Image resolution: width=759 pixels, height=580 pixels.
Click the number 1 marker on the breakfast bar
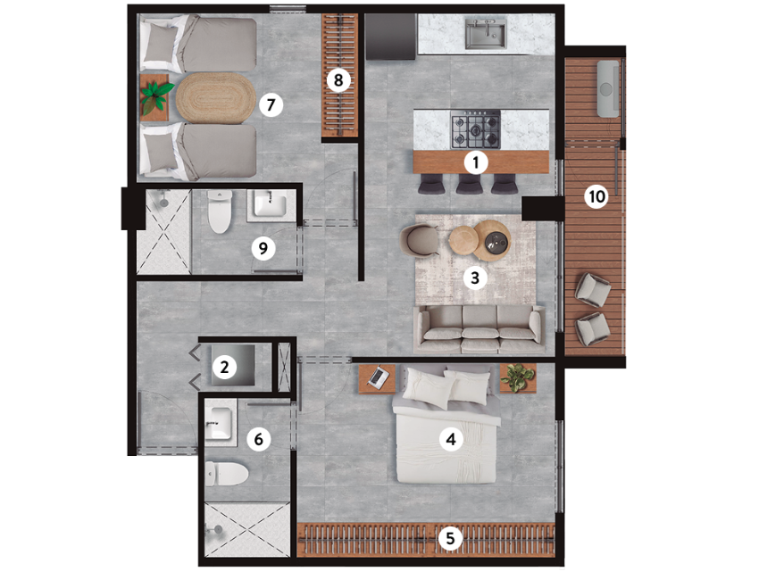click(475, 163)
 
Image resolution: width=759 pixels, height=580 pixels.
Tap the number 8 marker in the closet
click(338, 79)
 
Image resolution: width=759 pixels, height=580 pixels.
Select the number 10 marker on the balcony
click(596, 197)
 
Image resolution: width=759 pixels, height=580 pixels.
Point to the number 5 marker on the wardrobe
click(450, 538)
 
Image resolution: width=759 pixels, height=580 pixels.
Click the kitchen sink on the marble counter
click(486, 33)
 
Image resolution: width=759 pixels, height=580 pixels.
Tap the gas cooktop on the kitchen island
click(476, 129)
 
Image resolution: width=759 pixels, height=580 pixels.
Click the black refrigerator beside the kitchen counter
click(390, 37)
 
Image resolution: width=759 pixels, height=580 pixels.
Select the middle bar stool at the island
click(469, 183)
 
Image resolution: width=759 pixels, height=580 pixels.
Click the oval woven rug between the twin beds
click(216, 99)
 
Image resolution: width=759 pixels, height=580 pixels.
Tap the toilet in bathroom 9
click(220, 211)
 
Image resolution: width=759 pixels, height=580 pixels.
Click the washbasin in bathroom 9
click(271, 203)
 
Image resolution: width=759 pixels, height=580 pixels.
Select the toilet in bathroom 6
click(226, 474)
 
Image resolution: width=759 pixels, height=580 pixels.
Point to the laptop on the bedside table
click(379, 376)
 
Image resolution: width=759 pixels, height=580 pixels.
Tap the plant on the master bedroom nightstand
click(518, 377)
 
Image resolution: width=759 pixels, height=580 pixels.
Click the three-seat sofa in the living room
click(480, 329)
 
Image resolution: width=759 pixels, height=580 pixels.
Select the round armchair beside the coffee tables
click(420, 240)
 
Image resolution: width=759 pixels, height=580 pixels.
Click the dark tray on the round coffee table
click(497, 240)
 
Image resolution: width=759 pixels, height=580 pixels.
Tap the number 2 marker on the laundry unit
click(224, 367)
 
